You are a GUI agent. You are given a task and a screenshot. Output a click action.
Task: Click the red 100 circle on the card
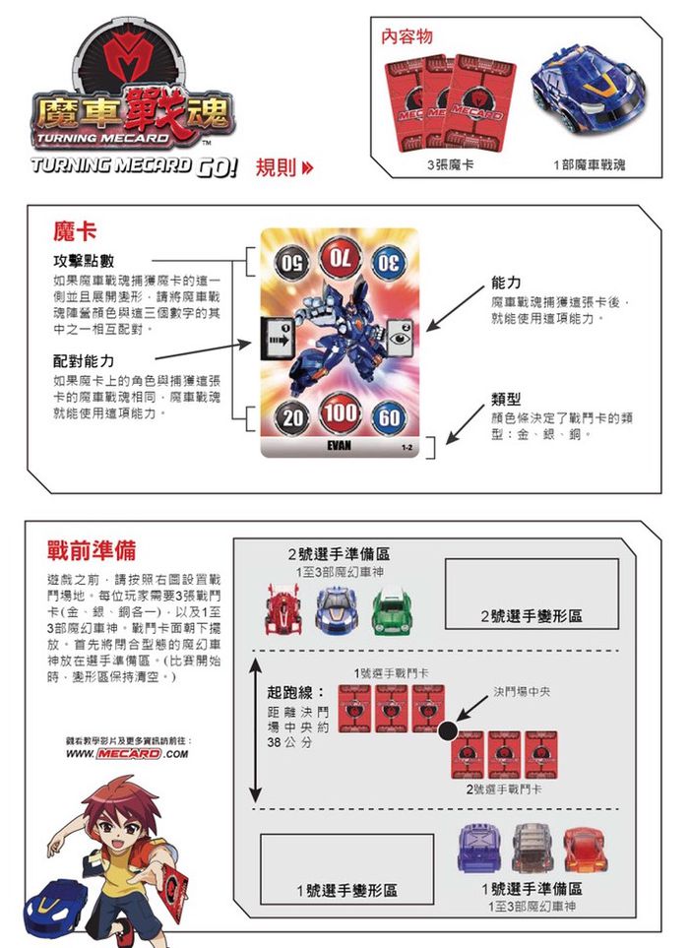point(340,414)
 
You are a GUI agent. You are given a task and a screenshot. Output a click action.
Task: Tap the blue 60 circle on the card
point(390,417)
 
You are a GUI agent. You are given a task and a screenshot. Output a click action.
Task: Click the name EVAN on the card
point(339,447)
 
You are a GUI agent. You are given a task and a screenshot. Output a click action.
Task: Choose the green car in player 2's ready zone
point(390,608)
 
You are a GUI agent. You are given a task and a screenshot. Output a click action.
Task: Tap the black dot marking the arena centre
point(448,730)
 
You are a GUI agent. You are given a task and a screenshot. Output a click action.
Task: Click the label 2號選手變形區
point(532,615)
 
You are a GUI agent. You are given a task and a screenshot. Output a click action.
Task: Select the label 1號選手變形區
point(347,889)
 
